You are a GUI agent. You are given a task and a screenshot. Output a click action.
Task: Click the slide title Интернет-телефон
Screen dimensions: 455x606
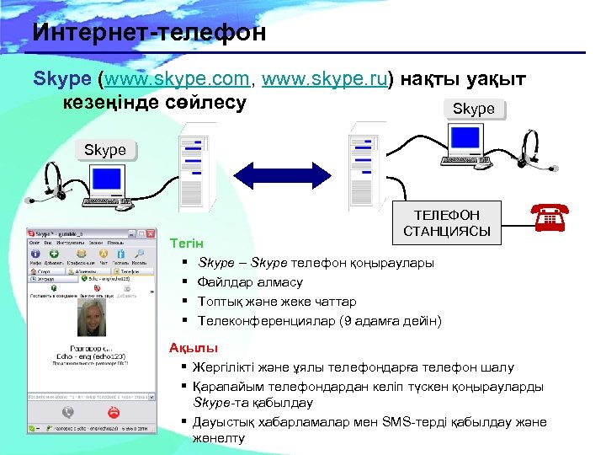150,33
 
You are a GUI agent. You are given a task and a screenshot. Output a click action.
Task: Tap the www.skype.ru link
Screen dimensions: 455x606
324,80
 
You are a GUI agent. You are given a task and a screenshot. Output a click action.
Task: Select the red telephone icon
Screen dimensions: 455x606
550,217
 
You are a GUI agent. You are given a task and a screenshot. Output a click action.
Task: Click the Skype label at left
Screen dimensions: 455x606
104,150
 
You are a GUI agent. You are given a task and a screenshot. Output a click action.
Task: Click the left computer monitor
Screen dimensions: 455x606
107,180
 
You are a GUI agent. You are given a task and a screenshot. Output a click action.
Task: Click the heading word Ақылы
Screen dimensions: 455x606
194,348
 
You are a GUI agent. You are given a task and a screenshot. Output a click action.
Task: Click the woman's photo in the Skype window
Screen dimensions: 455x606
89,319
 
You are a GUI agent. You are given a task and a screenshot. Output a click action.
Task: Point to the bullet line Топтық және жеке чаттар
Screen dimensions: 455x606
276,302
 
